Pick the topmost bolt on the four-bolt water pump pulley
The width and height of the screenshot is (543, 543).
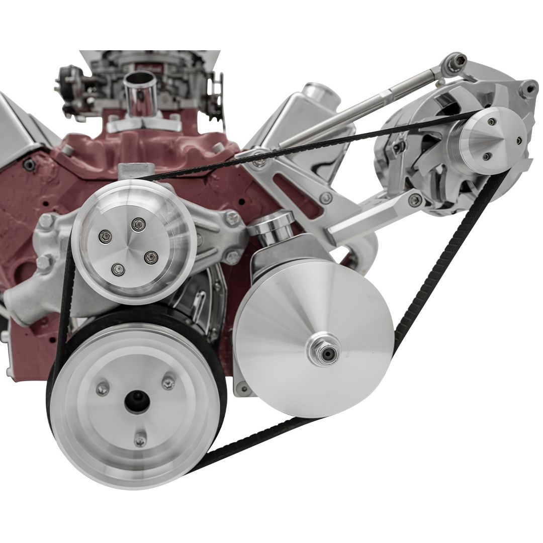coord(136,222)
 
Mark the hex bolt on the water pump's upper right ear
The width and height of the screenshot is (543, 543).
coord(232,217)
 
